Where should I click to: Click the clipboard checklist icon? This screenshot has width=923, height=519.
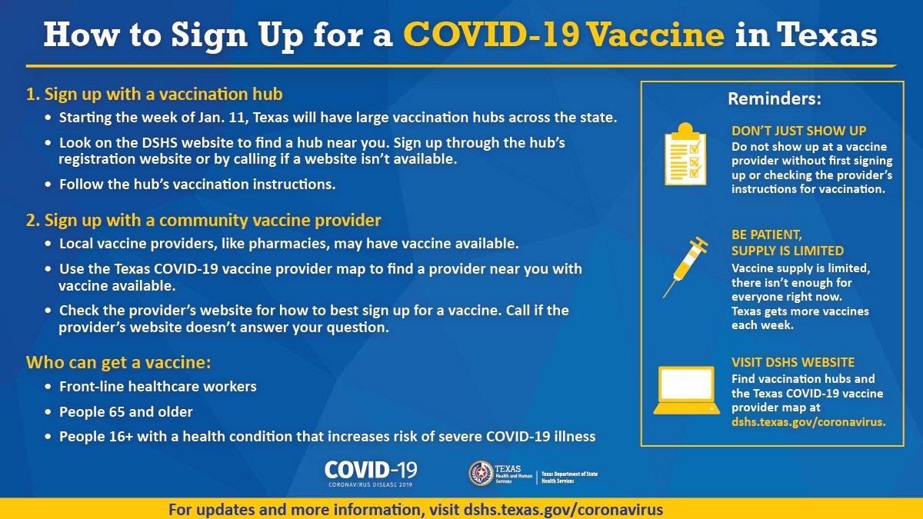685,154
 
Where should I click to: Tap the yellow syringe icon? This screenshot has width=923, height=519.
685,267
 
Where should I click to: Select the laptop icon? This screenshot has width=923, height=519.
686,390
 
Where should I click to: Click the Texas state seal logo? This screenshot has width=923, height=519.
481,473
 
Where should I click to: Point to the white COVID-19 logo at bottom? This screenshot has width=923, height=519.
371,474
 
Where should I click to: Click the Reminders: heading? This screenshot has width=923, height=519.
775,99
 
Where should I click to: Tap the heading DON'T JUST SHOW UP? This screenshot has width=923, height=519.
798,131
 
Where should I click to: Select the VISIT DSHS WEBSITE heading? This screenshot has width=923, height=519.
793,362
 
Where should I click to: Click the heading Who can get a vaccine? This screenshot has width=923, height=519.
118,362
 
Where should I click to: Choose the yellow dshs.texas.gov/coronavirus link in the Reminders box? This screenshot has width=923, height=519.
808,422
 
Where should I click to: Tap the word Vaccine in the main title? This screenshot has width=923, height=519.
655,34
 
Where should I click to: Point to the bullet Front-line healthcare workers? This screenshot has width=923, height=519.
158,386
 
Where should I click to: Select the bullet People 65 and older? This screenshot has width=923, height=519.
125,411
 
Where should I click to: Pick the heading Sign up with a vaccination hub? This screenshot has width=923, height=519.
164,95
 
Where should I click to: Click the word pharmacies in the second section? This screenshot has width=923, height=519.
288,244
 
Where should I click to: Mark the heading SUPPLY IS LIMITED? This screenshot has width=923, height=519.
788,251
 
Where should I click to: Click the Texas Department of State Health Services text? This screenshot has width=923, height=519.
569,477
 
